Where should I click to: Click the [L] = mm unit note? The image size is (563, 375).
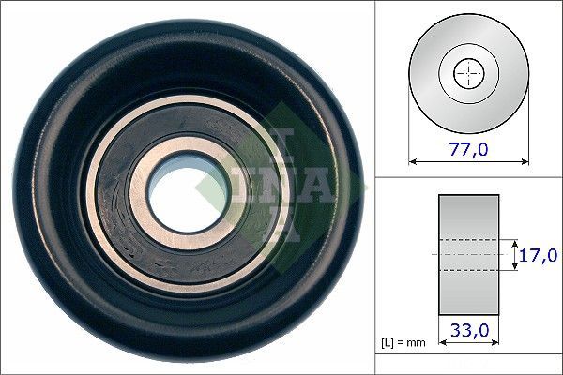403,343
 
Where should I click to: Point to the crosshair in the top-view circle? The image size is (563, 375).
468,72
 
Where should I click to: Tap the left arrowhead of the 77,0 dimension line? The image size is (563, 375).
413,161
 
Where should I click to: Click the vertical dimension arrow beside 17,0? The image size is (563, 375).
515,254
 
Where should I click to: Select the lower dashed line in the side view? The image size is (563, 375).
468,271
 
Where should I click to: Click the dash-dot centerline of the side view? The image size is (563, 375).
468,254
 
